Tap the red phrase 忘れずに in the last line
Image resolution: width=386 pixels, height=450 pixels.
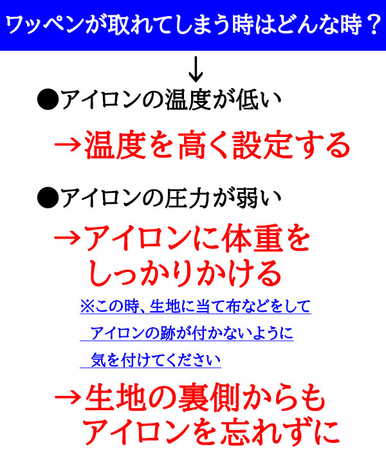point(275,431)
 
